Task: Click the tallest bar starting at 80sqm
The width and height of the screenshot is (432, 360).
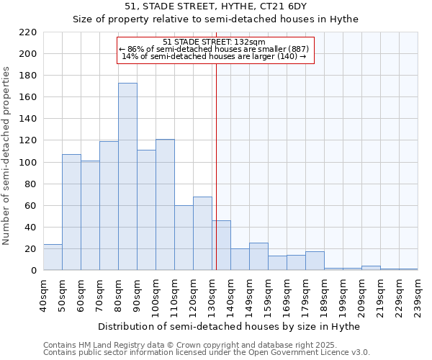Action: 127,176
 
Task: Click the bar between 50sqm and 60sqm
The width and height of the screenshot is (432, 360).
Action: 71,212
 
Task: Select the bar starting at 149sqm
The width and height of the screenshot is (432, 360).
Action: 258,256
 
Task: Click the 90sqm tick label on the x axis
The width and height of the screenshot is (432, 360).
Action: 137,292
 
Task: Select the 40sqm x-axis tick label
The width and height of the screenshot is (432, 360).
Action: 43,291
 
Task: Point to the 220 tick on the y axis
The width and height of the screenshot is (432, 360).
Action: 28,32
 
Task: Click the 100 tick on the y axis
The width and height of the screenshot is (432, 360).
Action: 28,163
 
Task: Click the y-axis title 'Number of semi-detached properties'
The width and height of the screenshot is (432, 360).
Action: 7,156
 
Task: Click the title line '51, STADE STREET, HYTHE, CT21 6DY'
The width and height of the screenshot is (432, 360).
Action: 215,6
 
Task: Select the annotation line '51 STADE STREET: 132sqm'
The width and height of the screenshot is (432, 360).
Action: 215,42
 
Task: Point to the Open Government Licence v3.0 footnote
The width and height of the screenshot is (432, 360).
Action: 207,353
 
